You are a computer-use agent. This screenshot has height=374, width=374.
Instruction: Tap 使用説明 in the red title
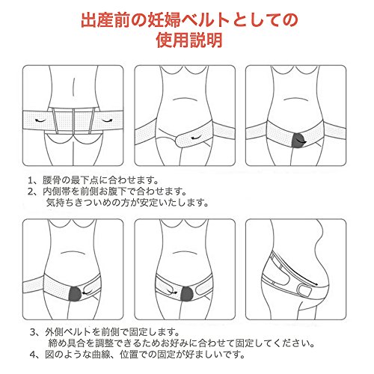pyautogui.click(x=189, y=40)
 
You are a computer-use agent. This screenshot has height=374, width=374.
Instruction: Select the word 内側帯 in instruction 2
pyautogui.click(x=56, y=191)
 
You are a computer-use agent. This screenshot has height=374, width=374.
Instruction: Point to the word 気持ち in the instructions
pyautogui.click(x=60, y=203)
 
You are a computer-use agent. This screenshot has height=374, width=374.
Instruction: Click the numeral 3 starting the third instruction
pyautogui.click(x=33, y=332)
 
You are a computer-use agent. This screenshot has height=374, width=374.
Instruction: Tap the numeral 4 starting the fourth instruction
pyautogui.click(x=33, y=355)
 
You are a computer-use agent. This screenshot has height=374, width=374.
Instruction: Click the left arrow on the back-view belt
pyautogui.click(x=40, y=120)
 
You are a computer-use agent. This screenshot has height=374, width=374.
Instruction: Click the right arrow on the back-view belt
pyautogui.click(x=107, y=120)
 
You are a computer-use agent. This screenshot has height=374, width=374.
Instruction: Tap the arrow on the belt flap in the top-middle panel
pyautogui.click(x=196, y=138)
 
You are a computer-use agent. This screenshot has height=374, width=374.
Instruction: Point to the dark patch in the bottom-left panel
pyautogui.click(x=75, y=294)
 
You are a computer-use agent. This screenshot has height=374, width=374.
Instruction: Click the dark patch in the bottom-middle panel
pyautogui.click(x=187, y=294)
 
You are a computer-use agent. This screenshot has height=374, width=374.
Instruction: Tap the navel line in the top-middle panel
pyautogui.click(x=185, y=99)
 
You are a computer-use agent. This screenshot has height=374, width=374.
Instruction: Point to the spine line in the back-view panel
pyautogui.click(x=73, y=88)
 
